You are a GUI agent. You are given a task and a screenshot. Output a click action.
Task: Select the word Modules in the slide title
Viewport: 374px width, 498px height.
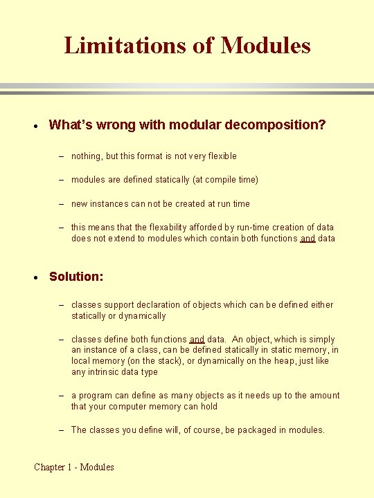(265, 46)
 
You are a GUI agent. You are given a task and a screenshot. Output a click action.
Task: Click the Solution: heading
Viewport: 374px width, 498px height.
(76, 277)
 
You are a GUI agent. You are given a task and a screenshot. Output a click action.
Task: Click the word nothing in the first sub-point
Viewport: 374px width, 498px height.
(86, 156)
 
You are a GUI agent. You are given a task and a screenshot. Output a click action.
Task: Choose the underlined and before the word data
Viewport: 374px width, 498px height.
(308, 239)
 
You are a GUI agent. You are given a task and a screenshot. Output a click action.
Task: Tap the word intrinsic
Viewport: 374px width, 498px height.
(108, 372)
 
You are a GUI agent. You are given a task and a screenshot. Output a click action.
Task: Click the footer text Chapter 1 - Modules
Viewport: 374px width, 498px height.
(74, 467)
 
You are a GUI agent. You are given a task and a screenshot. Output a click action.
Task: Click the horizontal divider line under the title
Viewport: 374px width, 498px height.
(187, 89)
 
